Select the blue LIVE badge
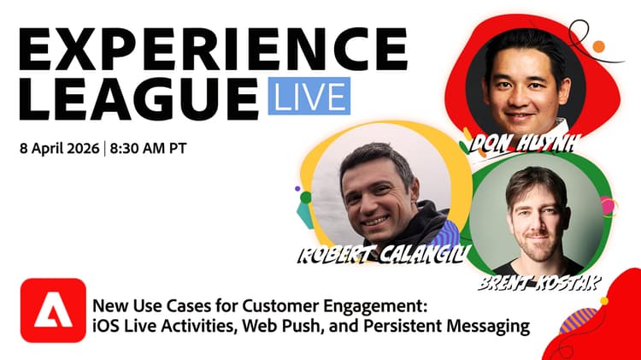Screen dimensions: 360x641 tap(309, 96)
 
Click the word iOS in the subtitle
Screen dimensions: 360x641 tap(104, 325)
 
